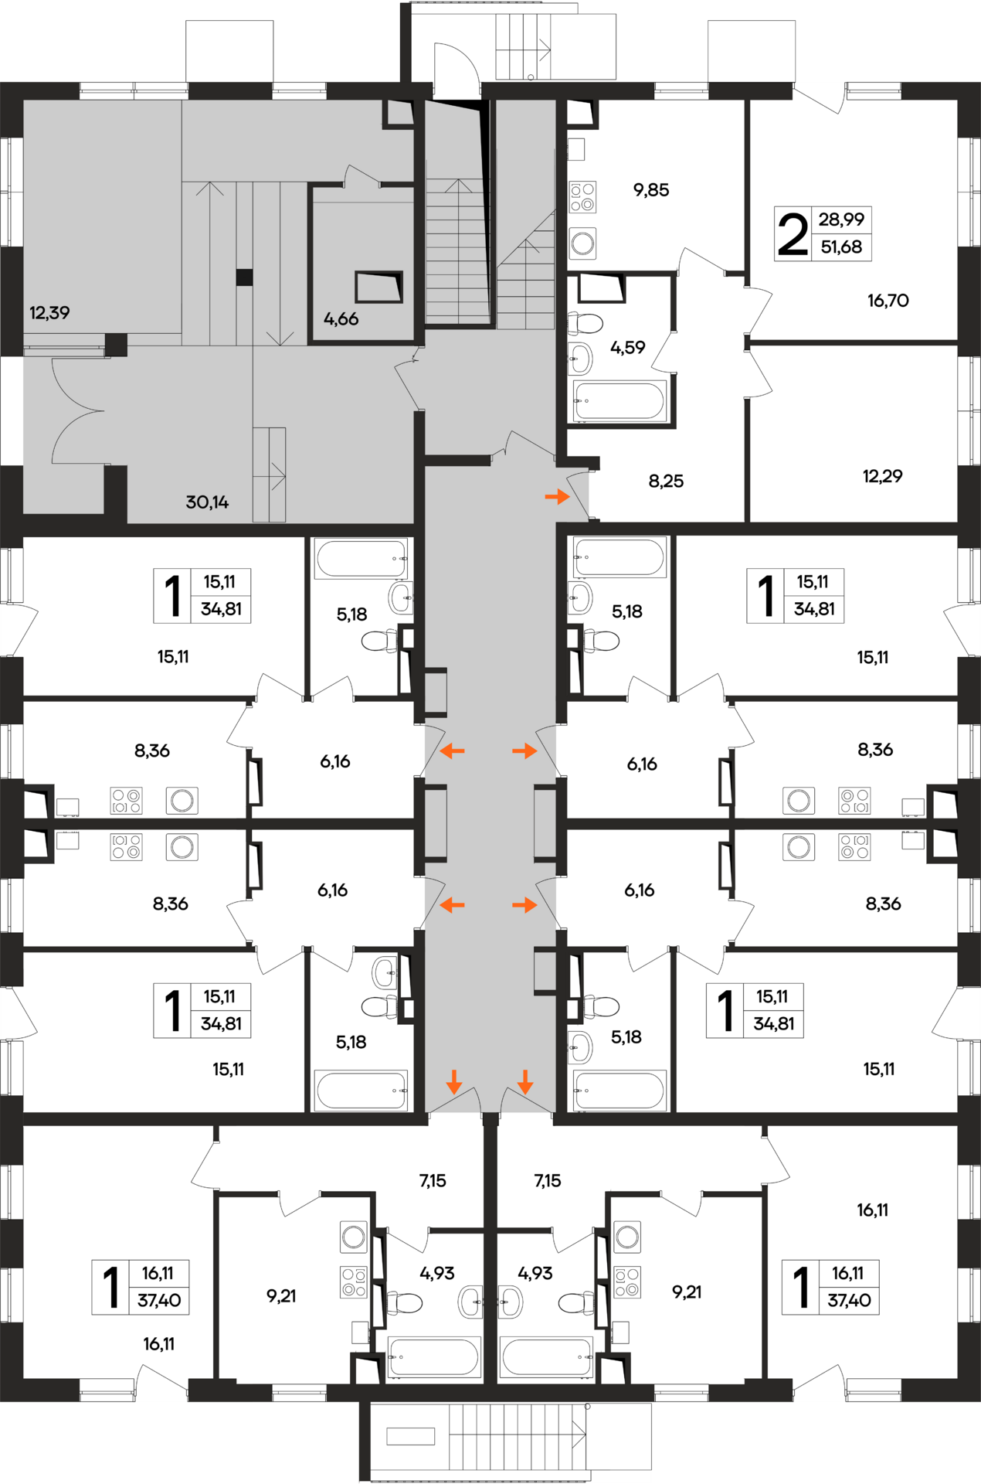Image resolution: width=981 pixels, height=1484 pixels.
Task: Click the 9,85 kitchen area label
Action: click(x=651, y=190)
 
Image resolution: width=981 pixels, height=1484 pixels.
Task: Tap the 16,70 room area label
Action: click(x=888, y=301)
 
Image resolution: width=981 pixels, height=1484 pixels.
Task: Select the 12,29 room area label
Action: click(x=883, y=476)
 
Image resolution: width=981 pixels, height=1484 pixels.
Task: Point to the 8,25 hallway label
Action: click(x=666, y=482)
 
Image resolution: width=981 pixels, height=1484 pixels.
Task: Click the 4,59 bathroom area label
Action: click(x=627, y=348)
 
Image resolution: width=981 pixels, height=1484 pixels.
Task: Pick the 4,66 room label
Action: click(x=341, y=319)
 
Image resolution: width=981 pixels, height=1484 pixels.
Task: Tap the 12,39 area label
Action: click(x=49, y=313)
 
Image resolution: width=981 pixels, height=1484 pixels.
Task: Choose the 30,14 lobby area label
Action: click(x=207, y=502)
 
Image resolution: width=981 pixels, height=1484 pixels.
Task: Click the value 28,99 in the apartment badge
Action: click(x=841, y=220)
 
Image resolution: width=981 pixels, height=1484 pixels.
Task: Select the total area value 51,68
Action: click(x=841, y=247)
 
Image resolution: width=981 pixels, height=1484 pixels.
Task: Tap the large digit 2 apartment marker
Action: click(x=793, y=235)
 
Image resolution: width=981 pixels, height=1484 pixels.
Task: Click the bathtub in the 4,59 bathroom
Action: click(x=619, y=401)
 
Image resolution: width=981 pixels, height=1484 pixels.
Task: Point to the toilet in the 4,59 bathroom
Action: click(x=586, y=322)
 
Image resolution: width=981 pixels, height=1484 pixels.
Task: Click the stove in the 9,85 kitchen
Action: click(x=582, y=196)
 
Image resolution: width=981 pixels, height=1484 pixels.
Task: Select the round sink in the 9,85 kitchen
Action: click(x=582, y=243)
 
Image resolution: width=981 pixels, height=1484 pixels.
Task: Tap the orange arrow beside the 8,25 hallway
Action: click(x=557, y=496)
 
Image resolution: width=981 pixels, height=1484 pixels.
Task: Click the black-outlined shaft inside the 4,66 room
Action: click(x=378, y=287)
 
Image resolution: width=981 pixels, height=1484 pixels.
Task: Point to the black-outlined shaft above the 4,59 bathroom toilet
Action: click(x=601, y=288)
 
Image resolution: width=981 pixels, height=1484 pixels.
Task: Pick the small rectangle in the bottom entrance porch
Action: click(x=411, y=1436)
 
